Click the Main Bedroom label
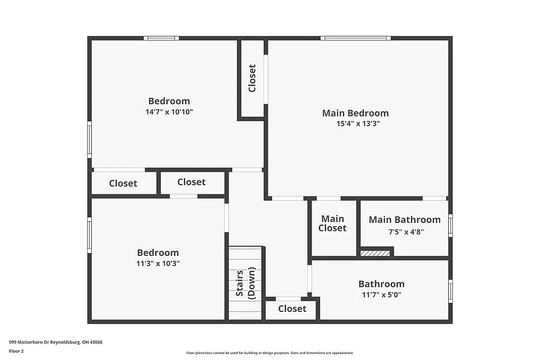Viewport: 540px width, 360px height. (355, 113)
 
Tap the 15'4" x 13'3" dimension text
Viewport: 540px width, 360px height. (355, 124)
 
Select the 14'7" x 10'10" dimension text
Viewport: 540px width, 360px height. (169, 112)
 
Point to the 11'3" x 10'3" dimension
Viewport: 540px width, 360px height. (158, 264)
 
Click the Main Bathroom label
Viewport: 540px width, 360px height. (404, 220)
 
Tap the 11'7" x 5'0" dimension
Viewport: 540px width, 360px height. (381, 295)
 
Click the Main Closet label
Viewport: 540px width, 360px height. (332, 223)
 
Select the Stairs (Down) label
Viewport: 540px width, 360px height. (245, 283)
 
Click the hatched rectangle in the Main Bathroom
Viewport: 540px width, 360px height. (375, 253)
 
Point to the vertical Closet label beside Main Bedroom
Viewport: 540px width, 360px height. (252, 78)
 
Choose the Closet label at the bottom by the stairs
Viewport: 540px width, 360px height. (292, 309)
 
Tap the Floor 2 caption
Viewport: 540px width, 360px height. (16, 351)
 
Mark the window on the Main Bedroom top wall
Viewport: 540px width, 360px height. (355, 38)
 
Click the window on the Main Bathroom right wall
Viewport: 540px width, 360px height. (450, 226)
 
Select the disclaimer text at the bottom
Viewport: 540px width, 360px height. (269, 353)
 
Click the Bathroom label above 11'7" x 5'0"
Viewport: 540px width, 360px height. (381, 284)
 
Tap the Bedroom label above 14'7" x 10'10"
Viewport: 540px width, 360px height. (169, 101)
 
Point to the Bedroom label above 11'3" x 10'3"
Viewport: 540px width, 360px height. (158, 253)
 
